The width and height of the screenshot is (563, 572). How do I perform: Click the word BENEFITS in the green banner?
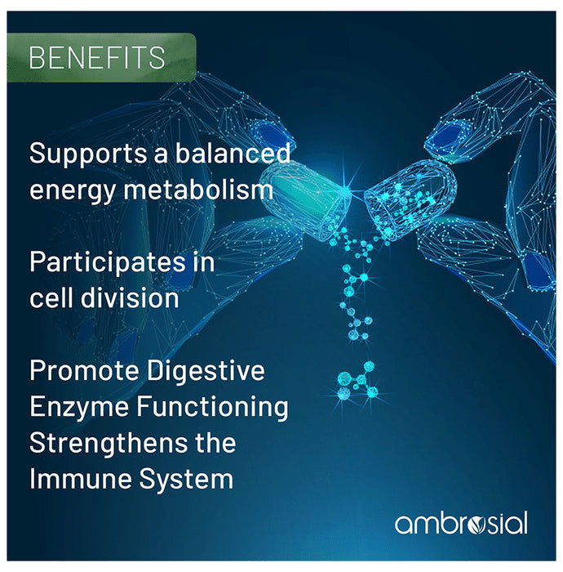96,58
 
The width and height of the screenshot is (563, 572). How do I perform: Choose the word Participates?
110,263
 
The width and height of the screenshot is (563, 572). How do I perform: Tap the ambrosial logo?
460,523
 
